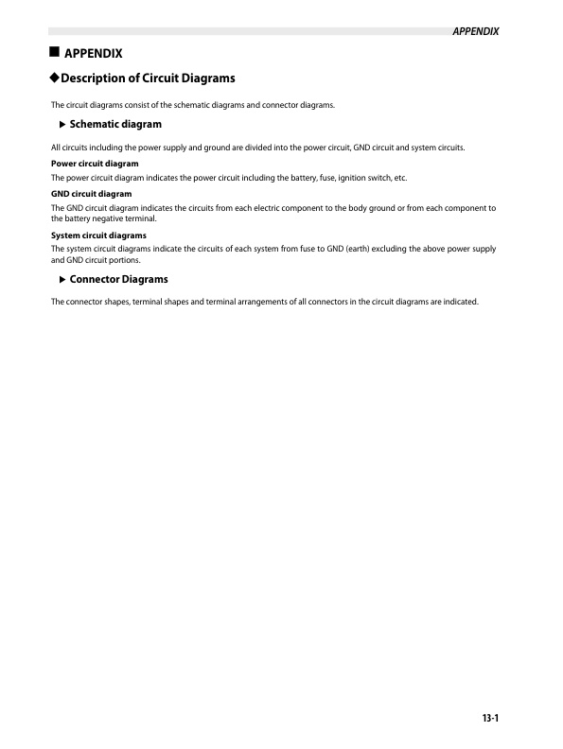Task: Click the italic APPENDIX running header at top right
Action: point(476,31)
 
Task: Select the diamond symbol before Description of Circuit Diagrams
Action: point(55,78)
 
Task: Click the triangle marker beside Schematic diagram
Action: point(62,124)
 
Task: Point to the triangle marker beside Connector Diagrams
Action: point(62,280)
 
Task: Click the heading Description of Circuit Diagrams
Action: point(149,78)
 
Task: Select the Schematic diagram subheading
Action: point(115,124)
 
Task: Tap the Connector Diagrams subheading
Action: point(119,280)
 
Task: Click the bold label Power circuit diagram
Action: point(95,164)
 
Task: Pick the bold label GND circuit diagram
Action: point(91,194)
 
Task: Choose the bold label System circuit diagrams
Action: point(98,235)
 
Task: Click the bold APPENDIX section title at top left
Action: point(93,52)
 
